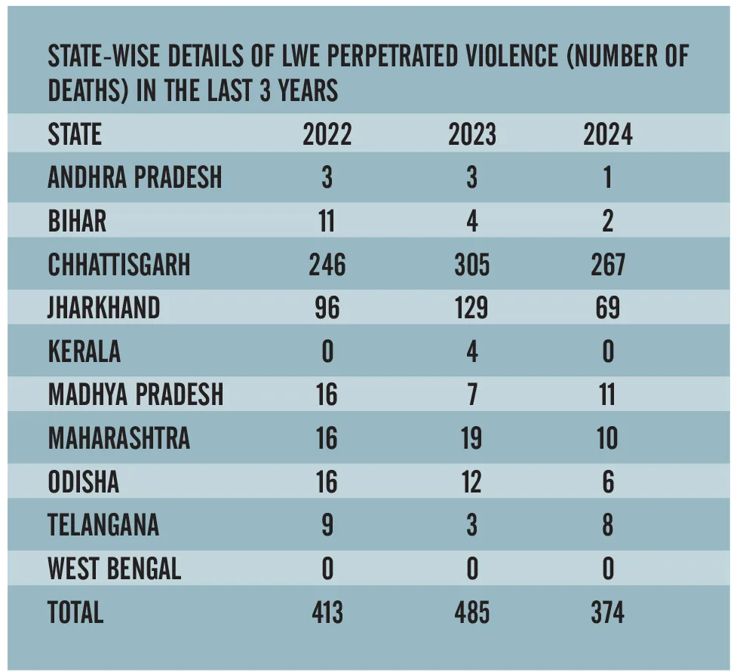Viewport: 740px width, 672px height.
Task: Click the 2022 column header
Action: click(327, 134)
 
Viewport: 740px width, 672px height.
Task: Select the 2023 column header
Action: click(472, 134)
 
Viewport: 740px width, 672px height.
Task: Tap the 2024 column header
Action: click(607, 134)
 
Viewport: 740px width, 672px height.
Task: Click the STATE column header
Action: click(75, 134)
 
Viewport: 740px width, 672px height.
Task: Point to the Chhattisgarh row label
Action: click(119, 265)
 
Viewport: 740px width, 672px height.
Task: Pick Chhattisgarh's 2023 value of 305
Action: click(472, 265)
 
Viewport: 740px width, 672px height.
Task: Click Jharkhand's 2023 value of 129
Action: click(472, 308)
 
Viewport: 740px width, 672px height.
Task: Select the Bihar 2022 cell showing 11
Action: click(327, 221)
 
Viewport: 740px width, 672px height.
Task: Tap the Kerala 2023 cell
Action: click(472, 351)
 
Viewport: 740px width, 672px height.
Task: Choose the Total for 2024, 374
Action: click(607, 612)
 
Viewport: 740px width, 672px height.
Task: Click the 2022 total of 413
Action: click(327, 612)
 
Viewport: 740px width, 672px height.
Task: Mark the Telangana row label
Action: click(103, 525)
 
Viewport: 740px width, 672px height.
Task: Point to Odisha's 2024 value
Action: click(607, 482)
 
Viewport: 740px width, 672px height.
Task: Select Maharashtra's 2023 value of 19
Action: click(472, 438)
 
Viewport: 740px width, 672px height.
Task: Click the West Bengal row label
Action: click(115, 569)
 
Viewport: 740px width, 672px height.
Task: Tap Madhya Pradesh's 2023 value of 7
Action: click(472, 395)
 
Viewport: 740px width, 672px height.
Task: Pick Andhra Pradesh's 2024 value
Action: click(607, 178)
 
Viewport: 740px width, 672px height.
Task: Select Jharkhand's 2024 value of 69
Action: click(607, 308)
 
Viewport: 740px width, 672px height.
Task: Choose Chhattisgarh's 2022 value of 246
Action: click(327, 265)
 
